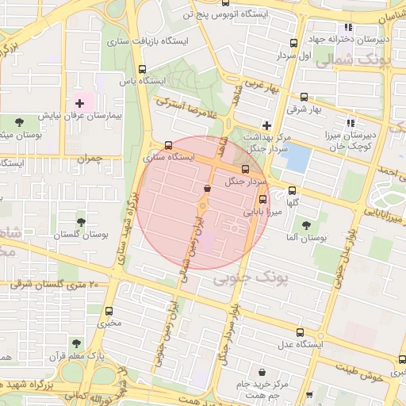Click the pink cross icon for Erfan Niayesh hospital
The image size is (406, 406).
[79, 103]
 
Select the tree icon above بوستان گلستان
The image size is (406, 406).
[81, 223]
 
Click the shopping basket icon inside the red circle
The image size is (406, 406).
[207, 189]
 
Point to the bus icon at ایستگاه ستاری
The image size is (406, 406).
[167, 146]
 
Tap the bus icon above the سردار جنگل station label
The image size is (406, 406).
[244, 169]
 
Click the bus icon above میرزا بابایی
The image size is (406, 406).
[263, 200]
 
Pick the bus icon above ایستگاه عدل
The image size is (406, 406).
[299, 332]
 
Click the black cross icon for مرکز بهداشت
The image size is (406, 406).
[267, 125]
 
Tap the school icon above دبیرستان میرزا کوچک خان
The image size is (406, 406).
[350, 123]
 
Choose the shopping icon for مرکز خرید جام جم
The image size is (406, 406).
[262, 372]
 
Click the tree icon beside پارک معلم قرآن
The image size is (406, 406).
[76, 343]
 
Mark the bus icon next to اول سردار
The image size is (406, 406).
[294, 44]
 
